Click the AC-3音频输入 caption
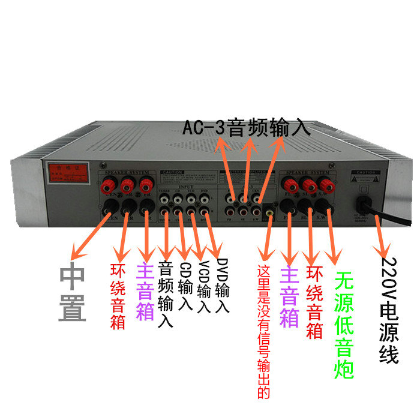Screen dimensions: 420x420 247,128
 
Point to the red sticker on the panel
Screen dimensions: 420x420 65,172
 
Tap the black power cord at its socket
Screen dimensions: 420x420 365,205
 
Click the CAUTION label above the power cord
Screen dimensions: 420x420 365,173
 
